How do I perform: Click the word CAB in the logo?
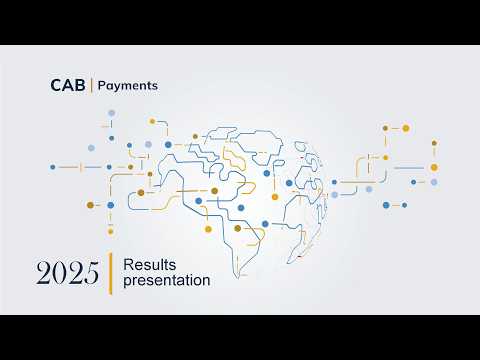(68, 86)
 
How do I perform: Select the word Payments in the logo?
(127, 86)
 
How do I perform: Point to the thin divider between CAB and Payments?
(91, 86)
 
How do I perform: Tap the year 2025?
(66, 272)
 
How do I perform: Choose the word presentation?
(166, 281)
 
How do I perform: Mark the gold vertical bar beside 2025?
(109, 272)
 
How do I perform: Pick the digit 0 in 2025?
(59, 272)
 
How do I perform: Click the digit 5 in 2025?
(89, 272)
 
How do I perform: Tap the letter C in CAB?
(56, 86)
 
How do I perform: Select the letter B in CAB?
(80, 86)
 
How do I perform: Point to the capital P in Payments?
(100, 86)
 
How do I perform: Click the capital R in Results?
(127, 264)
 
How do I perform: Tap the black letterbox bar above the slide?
(240, 22)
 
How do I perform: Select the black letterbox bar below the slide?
(240, 337)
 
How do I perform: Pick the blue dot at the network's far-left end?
(52, 167)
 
